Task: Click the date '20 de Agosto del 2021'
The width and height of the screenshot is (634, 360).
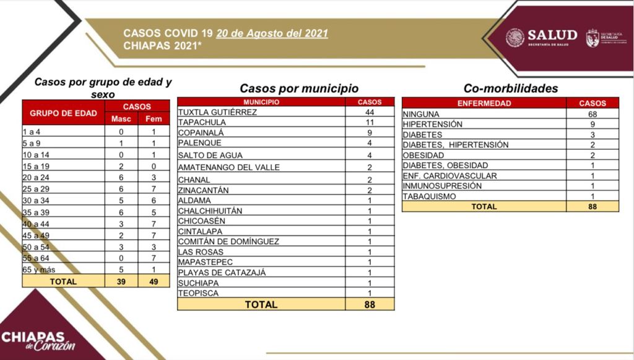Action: (272, 33)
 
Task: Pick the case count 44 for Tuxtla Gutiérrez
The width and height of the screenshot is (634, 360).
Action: (370, 112)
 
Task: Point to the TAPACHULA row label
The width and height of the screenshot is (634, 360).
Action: (202, 123)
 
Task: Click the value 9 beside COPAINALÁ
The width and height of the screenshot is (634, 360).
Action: (370, 133)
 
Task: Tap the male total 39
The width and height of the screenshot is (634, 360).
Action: (121, 281)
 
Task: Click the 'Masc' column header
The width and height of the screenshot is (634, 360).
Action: (121, 118)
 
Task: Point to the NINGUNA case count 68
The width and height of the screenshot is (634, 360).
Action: (592, 114)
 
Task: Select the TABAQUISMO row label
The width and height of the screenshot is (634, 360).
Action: (430, 196)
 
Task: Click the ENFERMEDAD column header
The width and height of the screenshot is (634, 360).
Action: (484, 103)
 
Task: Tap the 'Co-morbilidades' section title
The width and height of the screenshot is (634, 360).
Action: (511, 89)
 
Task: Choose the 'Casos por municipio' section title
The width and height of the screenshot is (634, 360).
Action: (299, 89)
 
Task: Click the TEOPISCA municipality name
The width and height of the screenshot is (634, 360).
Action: (198, 293)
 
